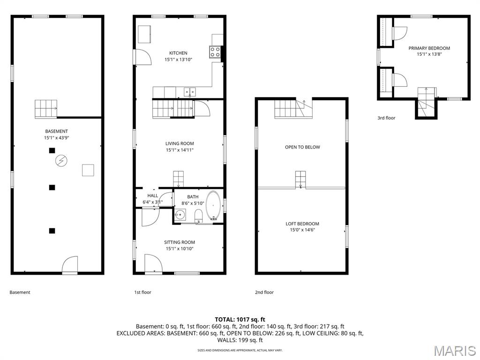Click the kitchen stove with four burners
tap(215, 52)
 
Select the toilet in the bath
tap(198, 215)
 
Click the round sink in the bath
tap(180, 215)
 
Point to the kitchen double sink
tap(190, 91)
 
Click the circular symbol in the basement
tap(60, 161)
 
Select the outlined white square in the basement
tap(88, 170)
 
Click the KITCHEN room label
tap(178, 53)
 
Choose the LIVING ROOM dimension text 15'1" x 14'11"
tap(180, 150)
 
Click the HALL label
tap(153, 195)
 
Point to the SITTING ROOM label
tap(180, 242)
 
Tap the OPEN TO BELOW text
tap(302, 147)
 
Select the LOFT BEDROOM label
tap(302, 224)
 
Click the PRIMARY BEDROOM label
tap(429, 48)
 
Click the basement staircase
tap(45, 109)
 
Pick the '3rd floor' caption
tap(386, 118)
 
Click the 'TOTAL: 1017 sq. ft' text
tap(240, 319)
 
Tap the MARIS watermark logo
tap(454, 350)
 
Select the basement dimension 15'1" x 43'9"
tap(56, 138)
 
